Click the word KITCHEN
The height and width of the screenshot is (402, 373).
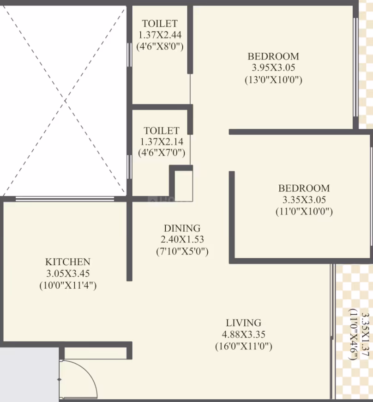pos(68,262)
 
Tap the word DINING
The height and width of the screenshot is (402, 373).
pos(182,228)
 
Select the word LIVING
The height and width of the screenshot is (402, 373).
pos(244,323)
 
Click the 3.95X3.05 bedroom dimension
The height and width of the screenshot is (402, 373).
pos(273,67)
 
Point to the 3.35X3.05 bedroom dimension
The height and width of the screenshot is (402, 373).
pos(304,200)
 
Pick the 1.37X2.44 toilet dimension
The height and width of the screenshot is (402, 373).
pos(160,35)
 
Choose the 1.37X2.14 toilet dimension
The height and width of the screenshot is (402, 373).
pos(162,141)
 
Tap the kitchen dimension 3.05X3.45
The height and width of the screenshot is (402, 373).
pos(68,273)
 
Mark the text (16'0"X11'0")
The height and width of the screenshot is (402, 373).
pos(244,347)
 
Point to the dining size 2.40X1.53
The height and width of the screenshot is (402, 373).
pos(182,239)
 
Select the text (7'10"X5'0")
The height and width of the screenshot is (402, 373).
pos(182,251)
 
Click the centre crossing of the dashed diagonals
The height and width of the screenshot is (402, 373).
pos(65,101)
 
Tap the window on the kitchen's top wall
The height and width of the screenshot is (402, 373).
pos(65,199)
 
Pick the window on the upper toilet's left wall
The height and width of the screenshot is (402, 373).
pos(129,55)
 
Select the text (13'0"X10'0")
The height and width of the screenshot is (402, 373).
pos(273,80)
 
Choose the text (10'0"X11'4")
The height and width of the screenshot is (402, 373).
pos(68,286)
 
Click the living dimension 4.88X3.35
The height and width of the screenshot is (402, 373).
pos(244,335)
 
